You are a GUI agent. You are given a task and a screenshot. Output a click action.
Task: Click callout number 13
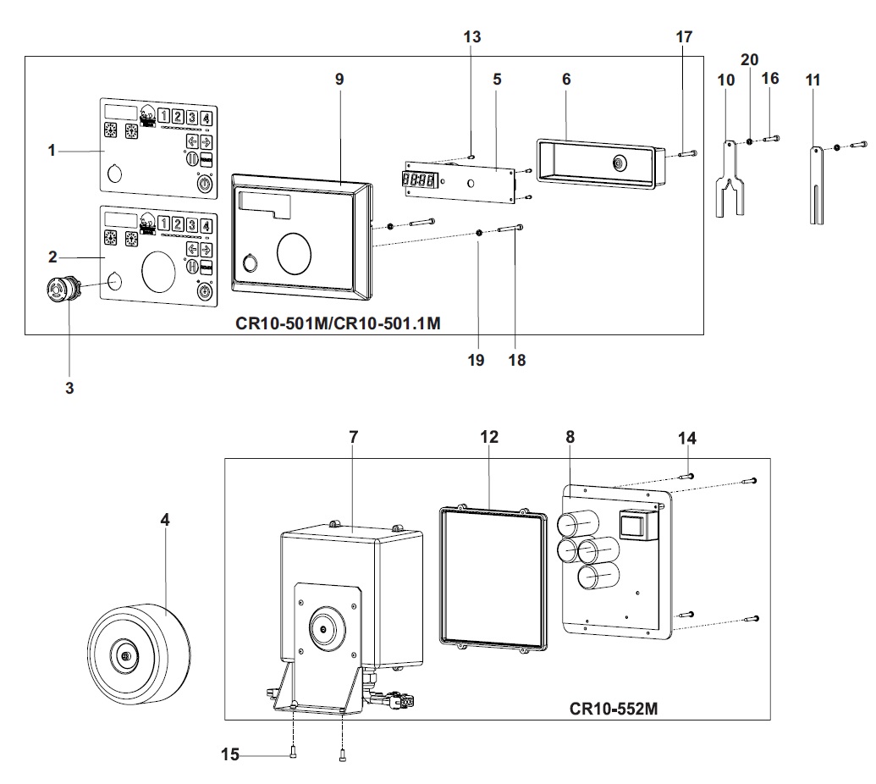click(x=472, y=36)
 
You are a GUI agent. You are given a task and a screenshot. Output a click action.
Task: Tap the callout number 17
click(x=684, y=36)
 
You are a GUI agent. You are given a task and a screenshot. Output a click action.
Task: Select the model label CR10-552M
click(x=614, y=707)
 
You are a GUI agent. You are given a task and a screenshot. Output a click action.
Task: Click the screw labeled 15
click(x=292, y=752)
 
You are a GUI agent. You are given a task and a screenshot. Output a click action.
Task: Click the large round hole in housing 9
click(x=295, y=251)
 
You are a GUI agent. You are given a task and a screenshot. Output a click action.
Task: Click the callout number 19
click(x=476, y=360)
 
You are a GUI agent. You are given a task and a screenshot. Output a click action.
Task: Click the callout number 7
click(x=353, y=437)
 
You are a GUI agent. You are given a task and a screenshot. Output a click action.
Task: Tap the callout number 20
click(x=750, y=60)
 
